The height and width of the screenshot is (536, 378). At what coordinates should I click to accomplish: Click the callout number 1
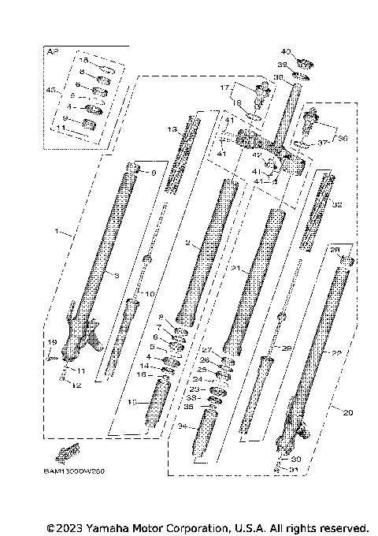tap(56, 233)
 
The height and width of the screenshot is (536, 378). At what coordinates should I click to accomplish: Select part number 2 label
tap(187, 244)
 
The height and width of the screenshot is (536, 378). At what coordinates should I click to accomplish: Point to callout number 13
tap(172, 128)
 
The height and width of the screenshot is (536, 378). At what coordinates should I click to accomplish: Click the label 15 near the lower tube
tap(132, 401)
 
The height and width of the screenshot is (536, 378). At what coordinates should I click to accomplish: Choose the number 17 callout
tap(224, 87)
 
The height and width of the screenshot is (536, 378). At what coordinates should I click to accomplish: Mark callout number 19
tap(51, 342)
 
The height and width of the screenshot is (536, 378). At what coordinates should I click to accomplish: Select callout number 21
tap(234, 269)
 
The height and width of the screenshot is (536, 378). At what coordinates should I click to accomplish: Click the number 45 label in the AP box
tap(51, 91)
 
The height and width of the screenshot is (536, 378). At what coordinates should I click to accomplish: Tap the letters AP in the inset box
tap(53, 51)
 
